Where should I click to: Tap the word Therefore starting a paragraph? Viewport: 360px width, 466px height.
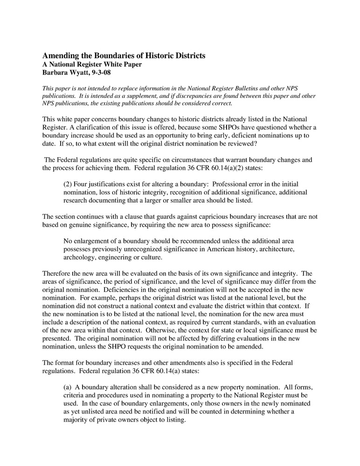coord(58,273)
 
